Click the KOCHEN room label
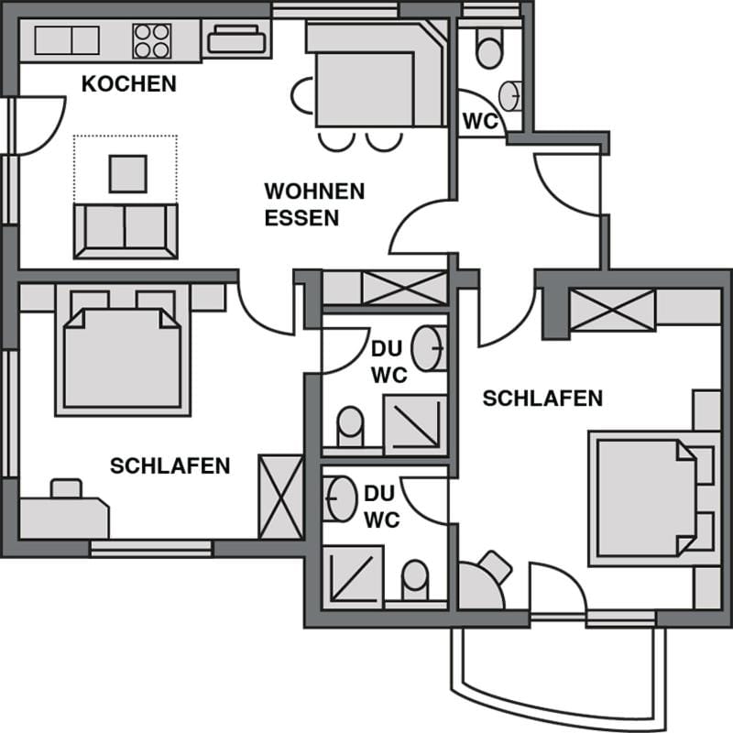pos(128,84)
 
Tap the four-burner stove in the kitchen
pos(151,40)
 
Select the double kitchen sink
pos(66,40)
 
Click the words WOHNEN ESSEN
pos(314,204)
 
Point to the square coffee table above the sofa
pos(127,173)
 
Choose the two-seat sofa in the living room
pos(126,229)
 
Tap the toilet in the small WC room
pos(488,47)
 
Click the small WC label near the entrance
pos(479,120)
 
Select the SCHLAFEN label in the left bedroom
pos(170,465)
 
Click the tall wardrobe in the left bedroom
pos(280,496)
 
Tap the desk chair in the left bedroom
pos(66,488)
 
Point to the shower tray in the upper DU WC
pos(414,425)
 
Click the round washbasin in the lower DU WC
pos(341,497)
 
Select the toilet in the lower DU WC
pos(415,579)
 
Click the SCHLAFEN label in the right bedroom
pos(542,399)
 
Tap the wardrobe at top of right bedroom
pos(612,309)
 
